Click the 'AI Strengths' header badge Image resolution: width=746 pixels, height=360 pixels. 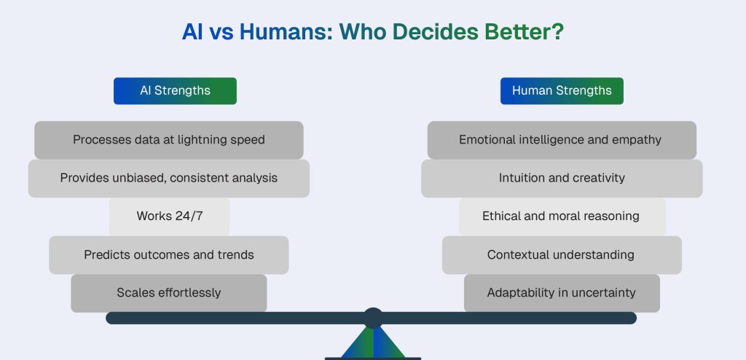click(x=175, y=91)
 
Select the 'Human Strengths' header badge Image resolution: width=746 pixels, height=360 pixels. click(x=562, y=91)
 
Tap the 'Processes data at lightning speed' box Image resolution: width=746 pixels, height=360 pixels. click(x=169, y=140)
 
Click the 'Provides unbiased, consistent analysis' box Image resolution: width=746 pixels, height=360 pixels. click(x=169, y=179)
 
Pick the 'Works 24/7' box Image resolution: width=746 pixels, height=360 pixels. click(x=169, y=216)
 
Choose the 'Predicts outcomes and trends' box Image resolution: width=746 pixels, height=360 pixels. click(x=169, y=255)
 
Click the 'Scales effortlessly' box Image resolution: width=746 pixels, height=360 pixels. click(x=169, y=293)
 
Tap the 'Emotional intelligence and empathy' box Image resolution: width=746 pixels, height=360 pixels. click(x=561, y=140)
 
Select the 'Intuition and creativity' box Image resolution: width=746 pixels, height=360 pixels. click(x=561, y=179)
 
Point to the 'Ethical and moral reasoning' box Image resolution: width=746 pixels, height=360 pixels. click(x=561, y=216)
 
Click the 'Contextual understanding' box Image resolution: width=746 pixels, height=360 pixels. click(x=561, y=255)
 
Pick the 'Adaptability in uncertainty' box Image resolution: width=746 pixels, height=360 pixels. click(x=561, y=293)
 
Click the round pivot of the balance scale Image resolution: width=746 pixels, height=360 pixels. click(x=373, y=318)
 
